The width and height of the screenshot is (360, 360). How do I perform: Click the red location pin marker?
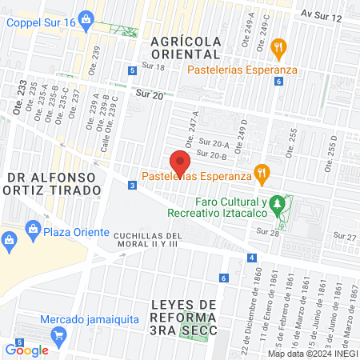(x=180, y=162)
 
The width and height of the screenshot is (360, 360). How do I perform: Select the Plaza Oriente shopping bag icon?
(x=33, y=231)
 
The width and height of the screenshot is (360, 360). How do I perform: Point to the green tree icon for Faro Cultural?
(x=278, y=205)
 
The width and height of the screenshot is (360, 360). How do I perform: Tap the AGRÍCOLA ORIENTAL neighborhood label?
(x=184, y=46)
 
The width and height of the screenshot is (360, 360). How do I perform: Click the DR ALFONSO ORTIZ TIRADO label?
(x=54, y=183)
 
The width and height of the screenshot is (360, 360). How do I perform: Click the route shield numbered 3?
(x=131, y=186)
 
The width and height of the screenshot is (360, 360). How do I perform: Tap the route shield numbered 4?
(x=252, y=258)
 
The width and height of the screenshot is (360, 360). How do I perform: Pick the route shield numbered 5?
(x=131, y=71)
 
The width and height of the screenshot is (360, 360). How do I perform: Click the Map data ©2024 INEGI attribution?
(x=313, y=354)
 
